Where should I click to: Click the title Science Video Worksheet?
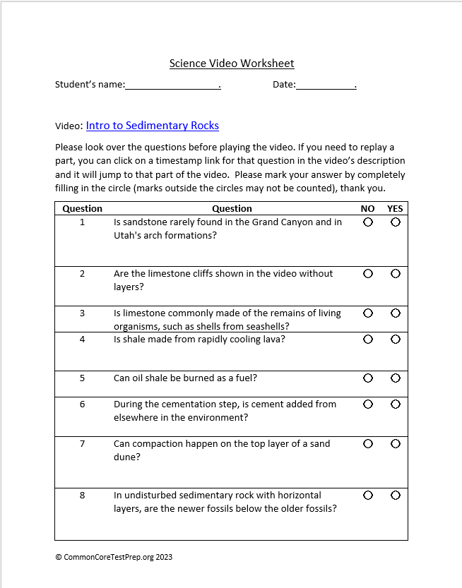click(232, 64)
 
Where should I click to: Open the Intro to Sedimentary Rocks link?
click(153, 126)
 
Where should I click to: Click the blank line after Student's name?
click(172, 85)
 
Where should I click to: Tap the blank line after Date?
click(326, 85)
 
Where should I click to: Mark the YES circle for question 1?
click(395, 222)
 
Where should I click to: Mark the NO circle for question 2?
click(367, 273)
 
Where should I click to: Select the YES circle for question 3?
click(395, 313)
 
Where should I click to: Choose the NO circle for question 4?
click(367, 339)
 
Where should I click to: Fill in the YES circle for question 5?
click(395, 378)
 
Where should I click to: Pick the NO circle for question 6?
click(367, 404)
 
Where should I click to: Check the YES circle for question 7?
click(395, 443)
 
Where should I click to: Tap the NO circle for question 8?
click(367, 495)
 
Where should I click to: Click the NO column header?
click(367, 208)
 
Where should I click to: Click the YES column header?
click(395, 208)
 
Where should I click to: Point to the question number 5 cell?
click(82, 378)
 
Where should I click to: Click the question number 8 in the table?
click(82, 495)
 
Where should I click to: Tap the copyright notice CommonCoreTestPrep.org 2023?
click(114, 557)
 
